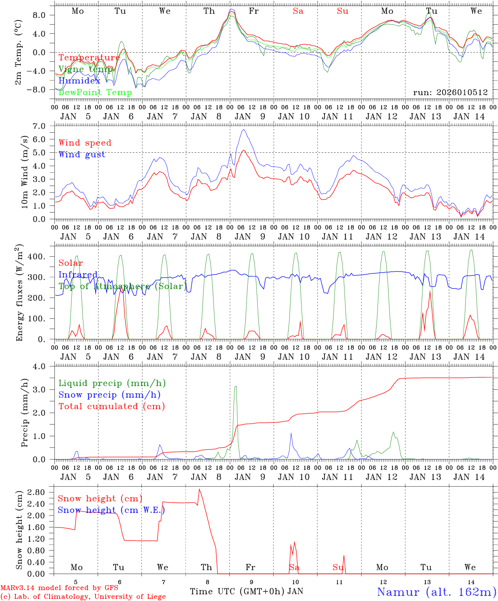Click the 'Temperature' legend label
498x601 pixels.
click(89, 58)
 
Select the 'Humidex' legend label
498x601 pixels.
click(80, 81)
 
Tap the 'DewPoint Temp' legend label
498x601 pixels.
click(95, 92)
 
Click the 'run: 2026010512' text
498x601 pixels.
click(450, 92)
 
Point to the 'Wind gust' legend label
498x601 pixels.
click(82, 154)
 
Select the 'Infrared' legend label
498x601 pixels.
click(78, 275)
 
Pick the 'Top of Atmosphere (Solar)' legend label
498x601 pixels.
click(123, 286)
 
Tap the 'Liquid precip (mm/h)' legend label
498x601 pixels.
click(112, 383)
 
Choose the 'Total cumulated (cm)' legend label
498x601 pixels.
click(111, 406)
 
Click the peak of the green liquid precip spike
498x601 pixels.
click(236, 386)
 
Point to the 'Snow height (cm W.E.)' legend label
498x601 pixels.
click(111, 510)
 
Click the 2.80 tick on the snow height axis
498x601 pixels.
click(41, 492)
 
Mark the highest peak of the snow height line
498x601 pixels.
click(199, 489)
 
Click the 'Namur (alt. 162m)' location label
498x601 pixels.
click(436, 592)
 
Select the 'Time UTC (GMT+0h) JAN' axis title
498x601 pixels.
click(246, 591)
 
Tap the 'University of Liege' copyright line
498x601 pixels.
click(83, 597)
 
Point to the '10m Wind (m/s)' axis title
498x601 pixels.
click(25, 172)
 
